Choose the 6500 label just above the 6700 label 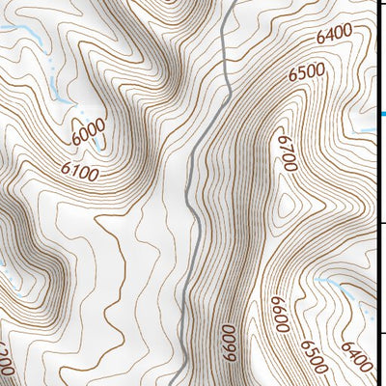point(306,72)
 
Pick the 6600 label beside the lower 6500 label point(279,316)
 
